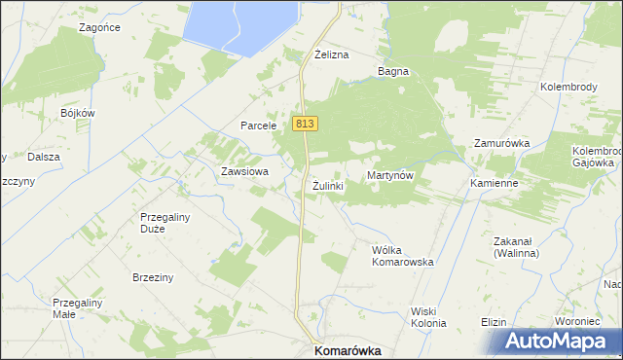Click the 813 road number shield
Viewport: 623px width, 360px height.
(x=304, y=124)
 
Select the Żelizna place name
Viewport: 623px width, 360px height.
(x=331, y=55)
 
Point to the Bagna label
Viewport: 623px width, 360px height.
(x=393, y=71)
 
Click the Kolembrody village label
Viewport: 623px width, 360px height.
(x=568, y=87)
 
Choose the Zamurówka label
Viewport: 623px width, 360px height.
(x=501, y=143)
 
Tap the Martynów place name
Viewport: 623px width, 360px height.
(x=391, y=175)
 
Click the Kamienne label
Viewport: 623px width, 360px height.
(x=492, y=183)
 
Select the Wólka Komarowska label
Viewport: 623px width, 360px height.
(x=402, y=256)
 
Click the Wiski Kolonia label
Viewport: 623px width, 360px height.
(x=427, y=317)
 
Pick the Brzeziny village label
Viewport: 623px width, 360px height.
(x=153, y=277)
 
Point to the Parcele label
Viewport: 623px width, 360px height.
(x=260, y=126)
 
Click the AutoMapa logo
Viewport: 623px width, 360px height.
(x=562, y=342)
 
